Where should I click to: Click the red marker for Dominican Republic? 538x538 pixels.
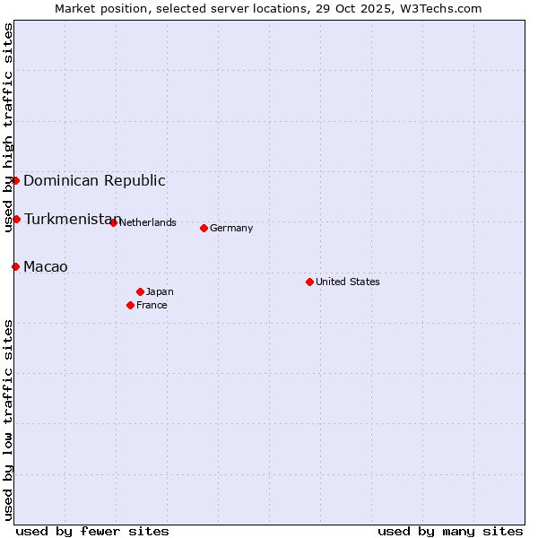coord(15,180)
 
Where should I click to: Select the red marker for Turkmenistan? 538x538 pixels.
coord(16,219)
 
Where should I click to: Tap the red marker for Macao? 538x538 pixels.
coord(15,266)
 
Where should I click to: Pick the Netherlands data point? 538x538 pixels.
coord(113,222)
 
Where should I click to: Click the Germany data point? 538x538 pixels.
coord(204,228)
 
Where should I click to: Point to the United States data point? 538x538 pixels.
coord(309,282)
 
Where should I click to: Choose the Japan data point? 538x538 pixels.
coord(140,291)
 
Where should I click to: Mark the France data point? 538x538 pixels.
coord(130,305)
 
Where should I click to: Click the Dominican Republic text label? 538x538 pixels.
coord(94,180)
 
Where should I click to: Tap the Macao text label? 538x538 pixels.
coord(46,266)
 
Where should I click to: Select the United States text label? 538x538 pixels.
coord(348,282)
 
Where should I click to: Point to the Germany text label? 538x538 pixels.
coord(231,228)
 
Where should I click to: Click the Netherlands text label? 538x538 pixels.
coord(148,222)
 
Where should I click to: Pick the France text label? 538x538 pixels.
coord(152,305)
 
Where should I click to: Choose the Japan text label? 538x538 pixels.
coord(160,291)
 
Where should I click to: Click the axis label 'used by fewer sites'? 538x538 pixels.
coord(92,531)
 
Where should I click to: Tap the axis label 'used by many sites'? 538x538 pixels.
coord(450,531)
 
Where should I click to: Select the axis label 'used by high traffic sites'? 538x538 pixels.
coord(8,127)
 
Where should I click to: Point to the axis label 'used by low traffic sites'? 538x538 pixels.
coord(8,420)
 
